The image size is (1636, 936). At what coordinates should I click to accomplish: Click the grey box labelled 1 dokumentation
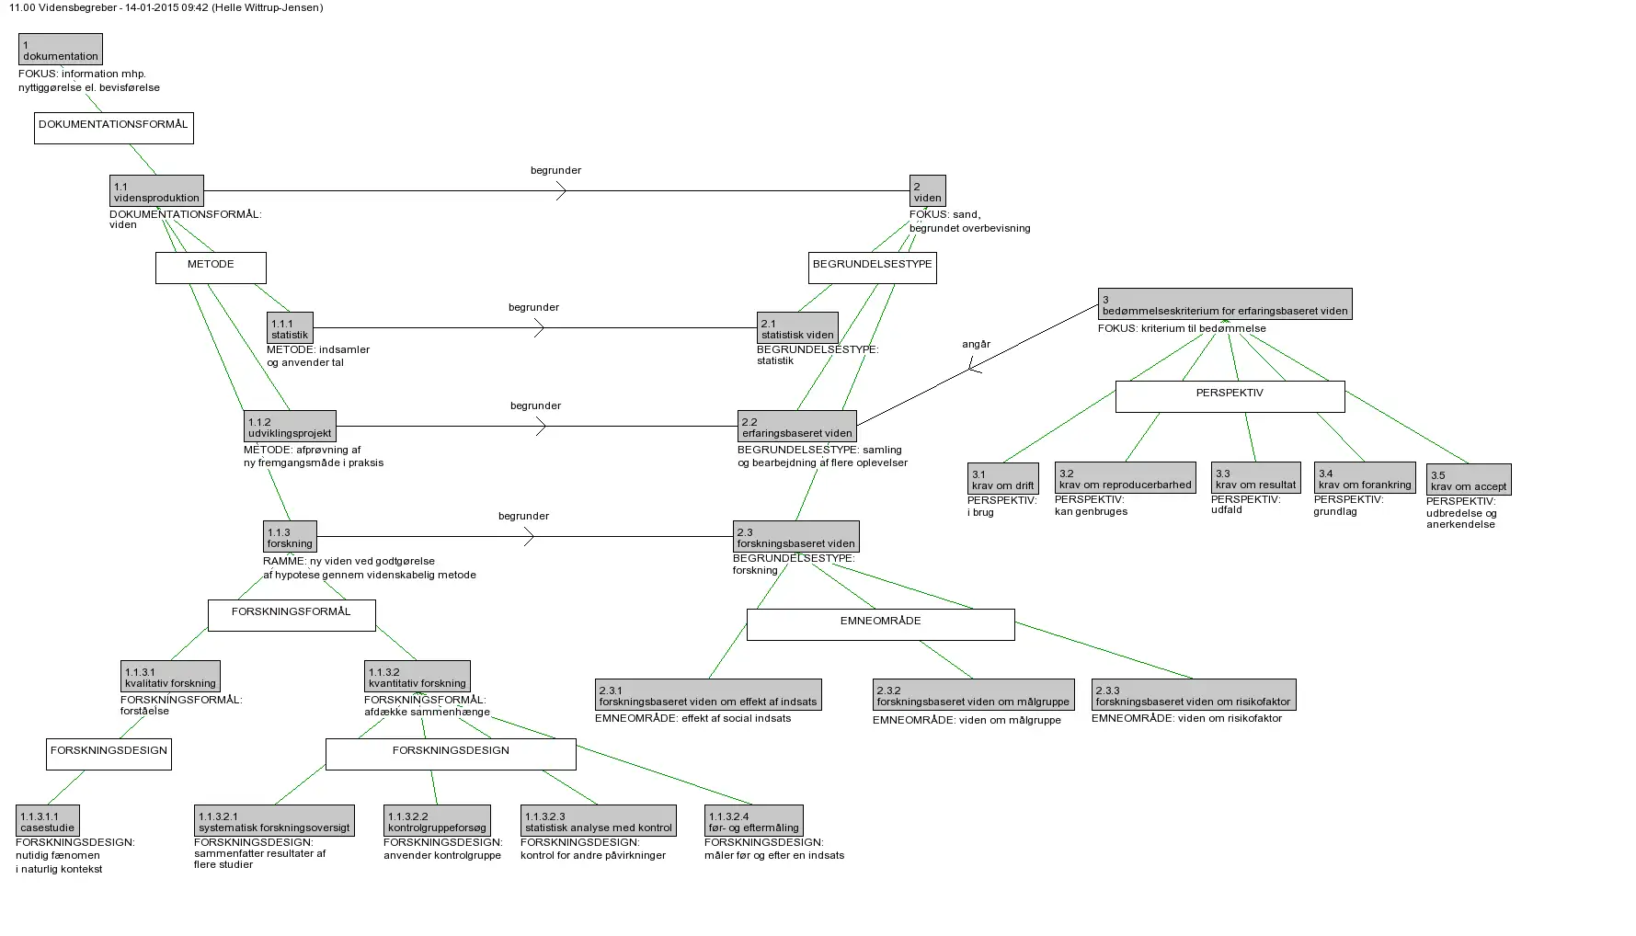tap(61, 50)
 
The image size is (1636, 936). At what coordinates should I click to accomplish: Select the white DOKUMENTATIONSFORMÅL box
tap(114, 128)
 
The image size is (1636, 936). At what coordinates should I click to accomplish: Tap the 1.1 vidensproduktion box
tap(156, 191)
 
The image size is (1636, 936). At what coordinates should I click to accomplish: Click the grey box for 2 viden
tap(927, 191)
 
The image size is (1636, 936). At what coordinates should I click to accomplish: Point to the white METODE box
tap(211, 268)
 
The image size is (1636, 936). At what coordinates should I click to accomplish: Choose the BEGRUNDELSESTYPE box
tap(872, 268)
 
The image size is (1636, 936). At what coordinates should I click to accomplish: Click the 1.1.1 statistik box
tap(290, 328)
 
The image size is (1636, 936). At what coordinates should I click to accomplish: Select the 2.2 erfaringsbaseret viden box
tap(797, 427)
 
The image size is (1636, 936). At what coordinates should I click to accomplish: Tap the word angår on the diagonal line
tap(977, 345)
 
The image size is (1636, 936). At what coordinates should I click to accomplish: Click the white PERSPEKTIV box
tap(1230, 396)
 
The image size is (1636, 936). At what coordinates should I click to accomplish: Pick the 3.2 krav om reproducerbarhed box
tap(1125, 478)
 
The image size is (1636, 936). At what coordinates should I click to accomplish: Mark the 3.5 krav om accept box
tap(1469, 480)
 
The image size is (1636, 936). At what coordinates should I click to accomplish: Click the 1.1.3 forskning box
tap(290, 537)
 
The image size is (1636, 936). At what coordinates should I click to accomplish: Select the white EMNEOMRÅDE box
tap(880, 624)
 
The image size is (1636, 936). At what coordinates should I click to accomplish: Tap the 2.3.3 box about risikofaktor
tap(1193, 695)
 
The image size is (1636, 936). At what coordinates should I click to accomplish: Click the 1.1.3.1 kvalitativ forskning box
tap(170, 677)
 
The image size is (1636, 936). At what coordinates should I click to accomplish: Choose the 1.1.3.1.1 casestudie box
tap(48, 821)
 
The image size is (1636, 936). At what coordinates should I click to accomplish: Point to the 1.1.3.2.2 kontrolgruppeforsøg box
tap(437, 821)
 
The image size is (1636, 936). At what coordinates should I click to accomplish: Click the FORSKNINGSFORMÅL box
tap(292, 615)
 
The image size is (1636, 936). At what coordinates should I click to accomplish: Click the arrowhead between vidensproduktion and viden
tap(561, 191)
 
